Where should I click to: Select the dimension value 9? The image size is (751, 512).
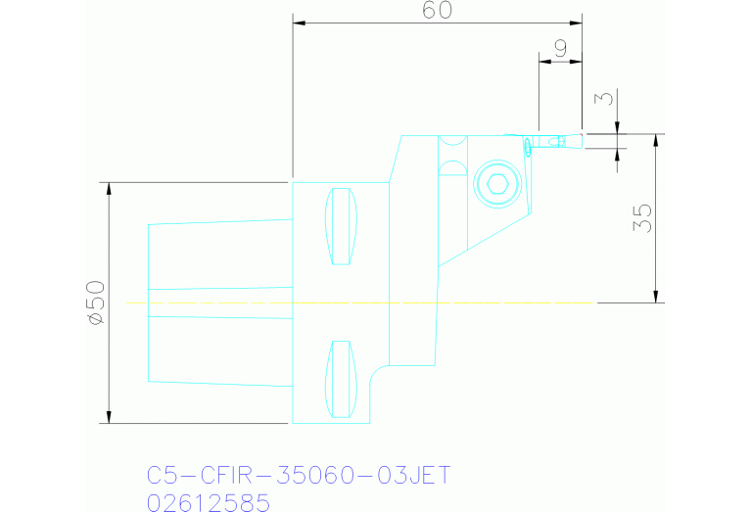[x=561, y=47]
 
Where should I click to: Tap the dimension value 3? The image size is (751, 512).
[x=607, y=99]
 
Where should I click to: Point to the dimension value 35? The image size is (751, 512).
[x=642, y=218]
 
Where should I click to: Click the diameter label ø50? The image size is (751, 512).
[x=95, y=303]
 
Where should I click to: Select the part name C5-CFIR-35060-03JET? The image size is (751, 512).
[x=299, y=476]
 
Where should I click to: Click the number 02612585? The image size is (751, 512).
[x=208, y=502]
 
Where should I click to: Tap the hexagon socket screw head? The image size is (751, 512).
[x=497, y=183]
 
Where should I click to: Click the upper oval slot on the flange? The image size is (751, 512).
[x=341, y=226]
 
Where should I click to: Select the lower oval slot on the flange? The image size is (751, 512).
[x=341, y=378]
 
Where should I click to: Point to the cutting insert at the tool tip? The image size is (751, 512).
[x=558, y=141]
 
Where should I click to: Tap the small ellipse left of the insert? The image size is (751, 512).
[x=529, y=146]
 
